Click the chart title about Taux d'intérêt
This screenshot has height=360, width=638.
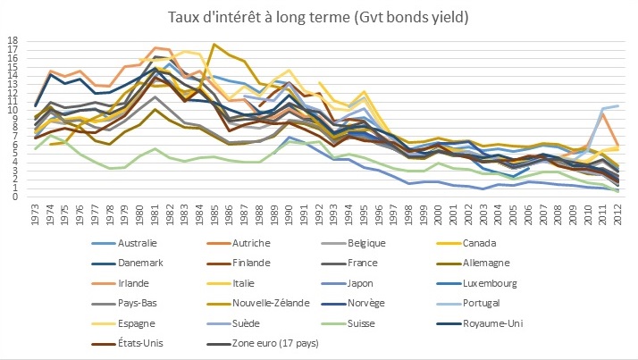coord(319,16)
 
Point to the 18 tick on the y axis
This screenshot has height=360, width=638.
coord(13,41)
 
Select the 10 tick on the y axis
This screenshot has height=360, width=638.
coord(13,110)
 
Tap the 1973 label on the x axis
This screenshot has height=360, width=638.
coord(36,215)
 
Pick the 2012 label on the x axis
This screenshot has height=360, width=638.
coord(617,215)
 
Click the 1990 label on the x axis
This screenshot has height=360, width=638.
coord(290,215)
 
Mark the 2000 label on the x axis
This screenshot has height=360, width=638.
coord(439,215)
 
